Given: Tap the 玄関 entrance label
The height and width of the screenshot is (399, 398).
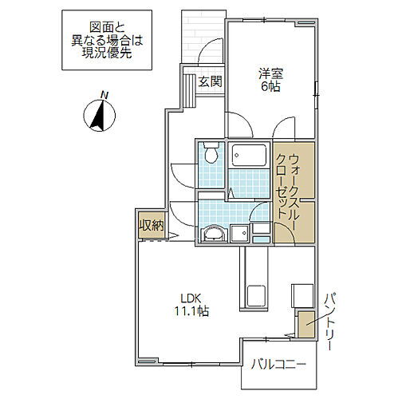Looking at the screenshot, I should pyautogui.click(x=210, y=81).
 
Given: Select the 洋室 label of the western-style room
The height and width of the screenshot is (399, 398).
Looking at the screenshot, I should pyautogui.click(x=269, y=73).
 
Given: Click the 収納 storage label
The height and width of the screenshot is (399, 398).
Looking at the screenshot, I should pyautogui.click(x=152, y=225).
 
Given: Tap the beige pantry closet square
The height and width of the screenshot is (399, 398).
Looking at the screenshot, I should pyautogui.click(x=305, y=323).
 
